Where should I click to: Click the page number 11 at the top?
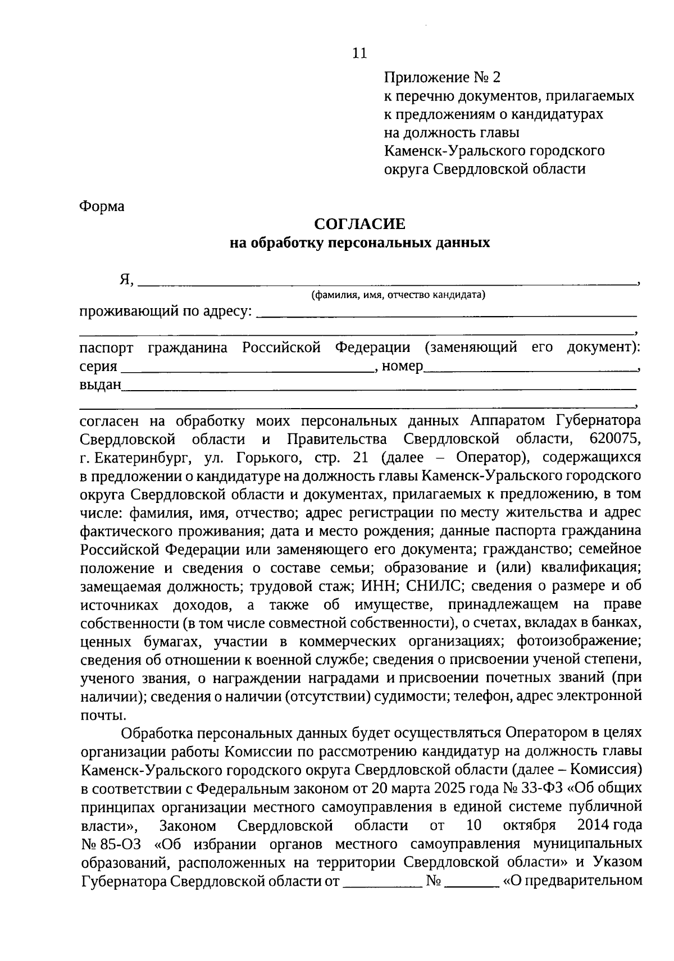pyautogui.click(x=359, y=53)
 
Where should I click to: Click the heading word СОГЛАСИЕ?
pyautogui.click(x=359, y=224)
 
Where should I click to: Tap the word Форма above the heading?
pyautogui.click(x=102, y=206)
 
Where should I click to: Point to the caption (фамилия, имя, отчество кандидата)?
pyautogui.click(x=398, y=295)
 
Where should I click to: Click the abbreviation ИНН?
pyautogui.click(x=379, y=586)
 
